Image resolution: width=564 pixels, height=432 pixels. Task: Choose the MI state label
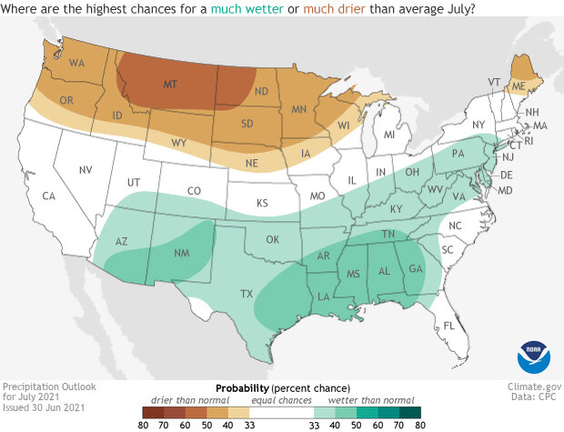coord(388,135)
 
